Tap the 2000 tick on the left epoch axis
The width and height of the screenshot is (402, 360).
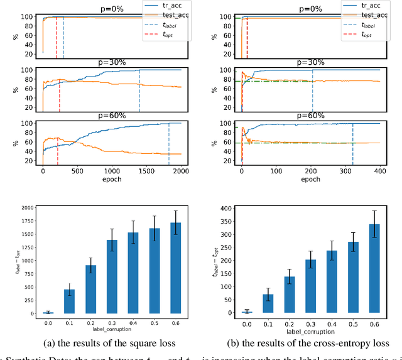pos(181,170)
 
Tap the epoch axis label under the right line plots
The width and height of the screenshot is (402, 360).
pos(311,178)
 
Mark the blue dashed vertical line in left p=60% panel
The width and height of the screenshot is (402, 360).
pos(169,144)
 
